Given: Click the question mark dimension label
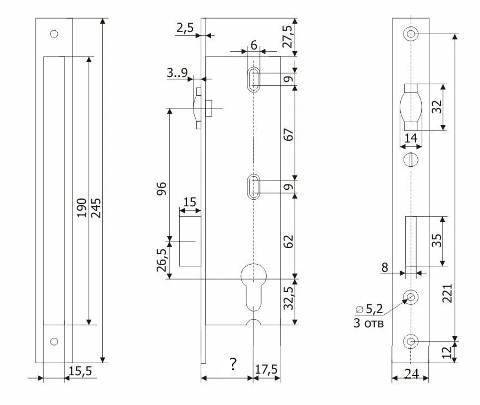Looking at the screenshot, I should coord(233,364).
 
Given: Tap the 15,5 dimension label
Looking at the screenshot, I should coord(80,373).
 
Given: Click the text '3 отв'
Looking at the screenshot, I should coord(369,323).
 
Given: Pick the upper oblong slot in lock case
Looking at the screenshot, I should coord(253,79).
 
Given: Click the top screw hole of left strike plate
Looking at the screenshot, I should coord(54,34).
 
